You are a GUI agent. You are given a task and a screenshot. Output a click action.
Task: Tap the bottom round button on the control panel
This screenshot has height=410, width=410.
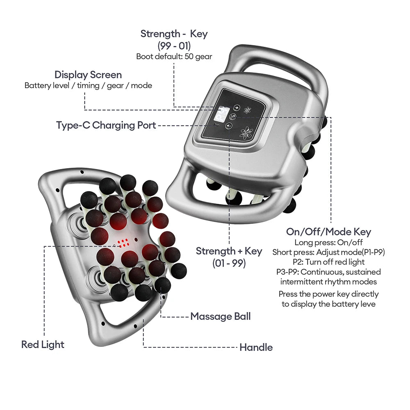point(229,126)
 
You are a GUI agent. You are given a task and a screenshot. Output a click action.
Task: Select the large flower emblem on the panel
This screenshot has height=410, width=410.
point(247,132)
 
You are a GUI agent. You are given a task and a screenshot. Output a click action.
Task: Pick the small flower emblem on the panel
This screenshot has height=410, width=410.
point(248,110)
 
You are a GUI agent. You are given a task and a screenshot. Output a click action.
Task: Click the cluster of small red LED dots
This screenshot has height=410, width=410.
point(123,244)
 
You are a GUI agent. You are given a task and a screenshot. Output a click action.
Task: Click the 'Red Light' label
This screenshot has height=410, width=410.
point(43,344)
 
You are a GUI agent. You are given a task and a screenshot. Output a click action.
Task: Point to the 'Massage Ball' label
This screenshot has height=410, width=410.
point(220,317)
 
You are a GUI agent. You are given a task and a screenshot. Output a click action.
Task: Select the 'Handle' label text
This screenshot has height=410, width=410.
point(256,348)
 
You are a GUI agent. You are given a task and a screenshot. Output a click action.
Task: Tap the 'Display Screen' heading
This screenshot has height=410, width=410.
point(88,75)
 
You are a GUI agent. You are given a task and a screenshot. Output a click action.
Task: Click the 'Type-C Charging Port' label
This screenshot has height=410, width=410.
point(106,125)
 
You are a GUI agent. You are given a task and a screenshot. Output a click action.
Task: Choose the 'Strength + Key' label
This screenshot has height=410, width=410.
point(229,251)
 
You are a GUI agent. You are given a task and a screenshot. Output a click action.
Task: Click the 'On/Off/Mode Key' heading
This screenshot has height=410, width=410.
point(328,232)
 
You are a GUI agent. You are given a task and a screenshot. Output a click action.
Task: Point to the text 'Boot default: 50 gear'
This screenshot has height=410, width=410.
point(174,57)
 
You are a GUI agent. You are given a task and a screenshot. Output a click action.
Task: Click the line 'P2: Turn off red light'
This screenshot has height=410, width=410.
point(328,262)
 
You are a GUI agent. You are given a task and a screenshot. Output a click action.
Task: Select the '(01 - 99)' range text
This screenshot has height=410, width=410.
point(229,263)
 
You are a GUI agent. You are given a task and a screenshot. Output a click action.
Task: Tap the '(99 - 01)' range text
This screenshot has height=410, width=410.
point(174,46)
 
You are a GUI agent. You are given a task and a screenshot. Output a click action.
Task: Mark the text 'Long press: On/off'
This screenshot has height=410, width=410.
point(328,242)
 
